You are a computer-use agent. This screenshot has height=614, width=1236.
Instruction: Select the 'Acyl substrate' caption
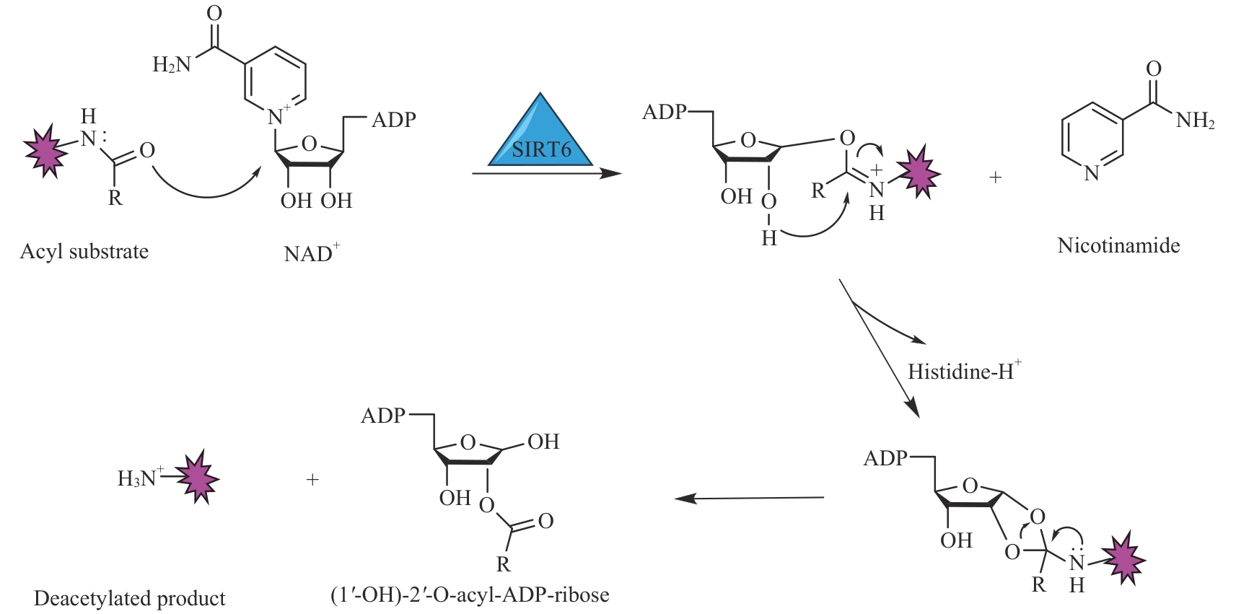84,251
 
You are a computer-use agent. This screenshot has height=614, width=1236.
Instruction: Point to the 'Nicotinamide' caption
1118,245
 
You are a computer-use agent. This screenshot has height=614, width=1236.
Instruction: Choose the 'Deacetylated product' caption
130,598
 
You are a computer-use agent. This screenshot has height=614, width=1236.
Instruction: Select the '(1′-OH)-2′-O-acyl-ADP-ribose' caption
470,595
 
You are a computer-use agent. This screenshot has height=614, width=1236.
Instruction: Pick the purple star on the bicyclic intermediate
1123,559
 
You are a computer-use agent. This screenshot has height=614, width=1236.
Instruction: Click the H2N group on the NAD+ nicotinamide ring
172,65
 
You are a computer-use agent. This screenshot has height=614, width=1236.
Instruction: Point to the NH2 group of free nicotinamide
1195,120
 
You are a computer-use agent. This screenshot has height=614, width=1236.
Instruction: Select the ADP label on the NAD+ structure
394,119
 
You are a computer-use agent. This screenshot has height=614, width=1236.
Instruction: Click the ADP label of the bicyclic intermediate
885,458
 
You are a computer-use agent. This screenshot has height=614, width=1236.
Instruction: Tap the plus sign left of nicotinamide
996,177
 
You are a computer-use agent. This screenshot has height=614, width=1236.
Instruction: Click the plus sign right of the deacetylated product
312,479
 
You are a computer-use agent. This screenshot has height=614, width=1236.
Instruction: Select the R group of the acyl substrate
115,198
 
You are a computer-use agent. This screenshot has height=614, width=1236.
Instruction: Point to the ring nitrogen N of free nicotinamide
1091,173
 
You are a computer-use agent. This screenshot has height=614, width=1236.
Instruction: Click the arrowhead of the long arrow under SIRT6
612,173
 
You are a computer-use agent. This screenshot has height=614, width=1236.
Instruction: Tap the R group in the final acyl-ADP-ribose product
503,563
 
